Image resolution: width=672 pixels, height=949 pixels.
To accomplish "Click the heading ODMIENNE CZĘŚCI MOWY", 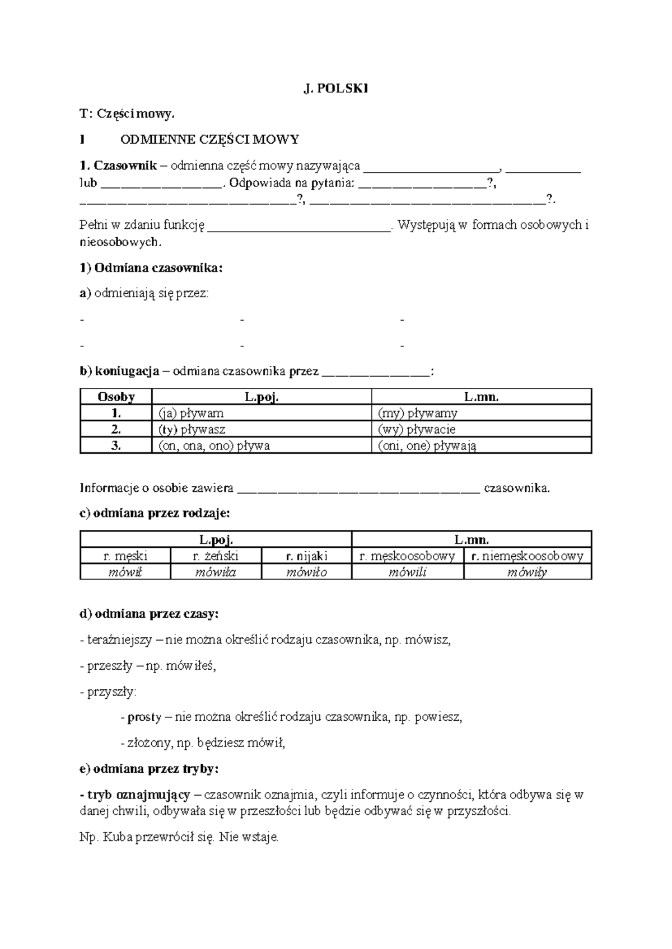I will pos(210,139).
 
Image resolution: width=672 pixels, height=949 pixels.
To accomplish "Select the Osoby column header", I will pos(116,397).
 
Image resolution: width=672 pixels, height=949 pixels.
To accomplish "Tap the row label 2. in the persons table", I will pos(116,430).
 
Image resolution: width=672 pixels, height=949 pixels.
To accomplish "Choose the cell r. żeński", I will pos(216,556).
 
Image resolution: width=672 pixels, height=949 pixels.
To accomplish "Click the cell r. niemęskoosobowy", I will pos(527,556).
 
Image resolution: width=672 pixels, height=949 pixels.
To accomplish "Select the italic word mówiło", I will pos(306,572).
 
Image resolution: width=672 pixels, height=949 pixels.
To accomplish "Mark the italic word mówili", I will pos(407,572).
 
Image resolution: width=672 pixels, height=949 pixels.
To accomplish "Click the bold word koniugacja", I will pos(127,371).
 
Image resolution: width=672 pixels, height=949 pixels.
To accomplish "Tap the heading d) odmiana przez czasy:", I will pos(150,614).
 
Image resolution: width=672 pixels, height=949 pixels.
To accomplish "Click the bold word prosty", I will pos(144,717).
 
